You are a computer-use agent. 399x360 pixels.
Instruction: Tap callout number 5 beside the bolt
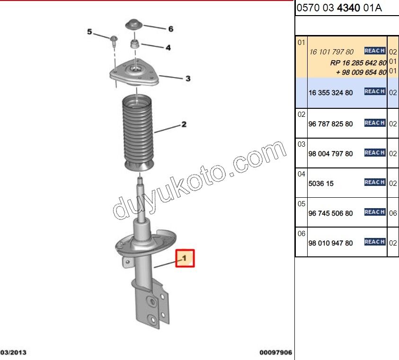point(89,32)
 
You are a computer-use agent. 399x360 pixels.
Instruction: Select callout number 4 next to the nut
point(168,47)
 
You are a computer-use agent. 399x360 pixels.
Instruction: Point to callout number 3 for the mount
point(187,79)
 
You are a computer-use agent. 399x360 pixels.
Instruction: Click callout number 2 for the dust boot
point(184,125)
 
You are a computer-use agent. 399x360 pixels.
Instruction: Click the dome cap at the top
point(134,25)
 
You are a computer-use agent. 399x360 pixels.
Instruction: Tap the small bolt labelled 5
point(114,40)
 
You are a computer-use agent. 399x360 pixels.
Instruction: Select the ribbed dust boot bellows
point(138,132)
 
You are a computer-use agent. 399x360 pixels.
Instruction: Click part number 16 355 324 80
point(330,93)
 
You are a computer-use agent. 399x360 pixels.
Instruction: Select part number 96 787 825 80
point(330,124)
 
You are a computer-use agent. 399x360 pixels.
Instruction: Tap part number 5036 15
point(321,184)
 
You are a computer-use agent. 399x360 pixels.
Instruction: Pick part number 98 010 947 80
point(330,243)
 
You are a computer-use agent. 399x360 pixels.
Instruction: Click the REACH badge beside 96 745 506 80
point(374,212)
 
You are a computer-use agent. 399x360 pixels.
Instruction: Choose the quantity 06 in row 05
point(393,213)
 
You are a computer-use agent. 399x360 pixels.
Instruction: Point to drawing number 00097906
point(275,352)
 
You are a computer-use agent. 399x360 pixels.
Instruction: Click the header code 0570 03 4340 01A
point(339,8)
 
